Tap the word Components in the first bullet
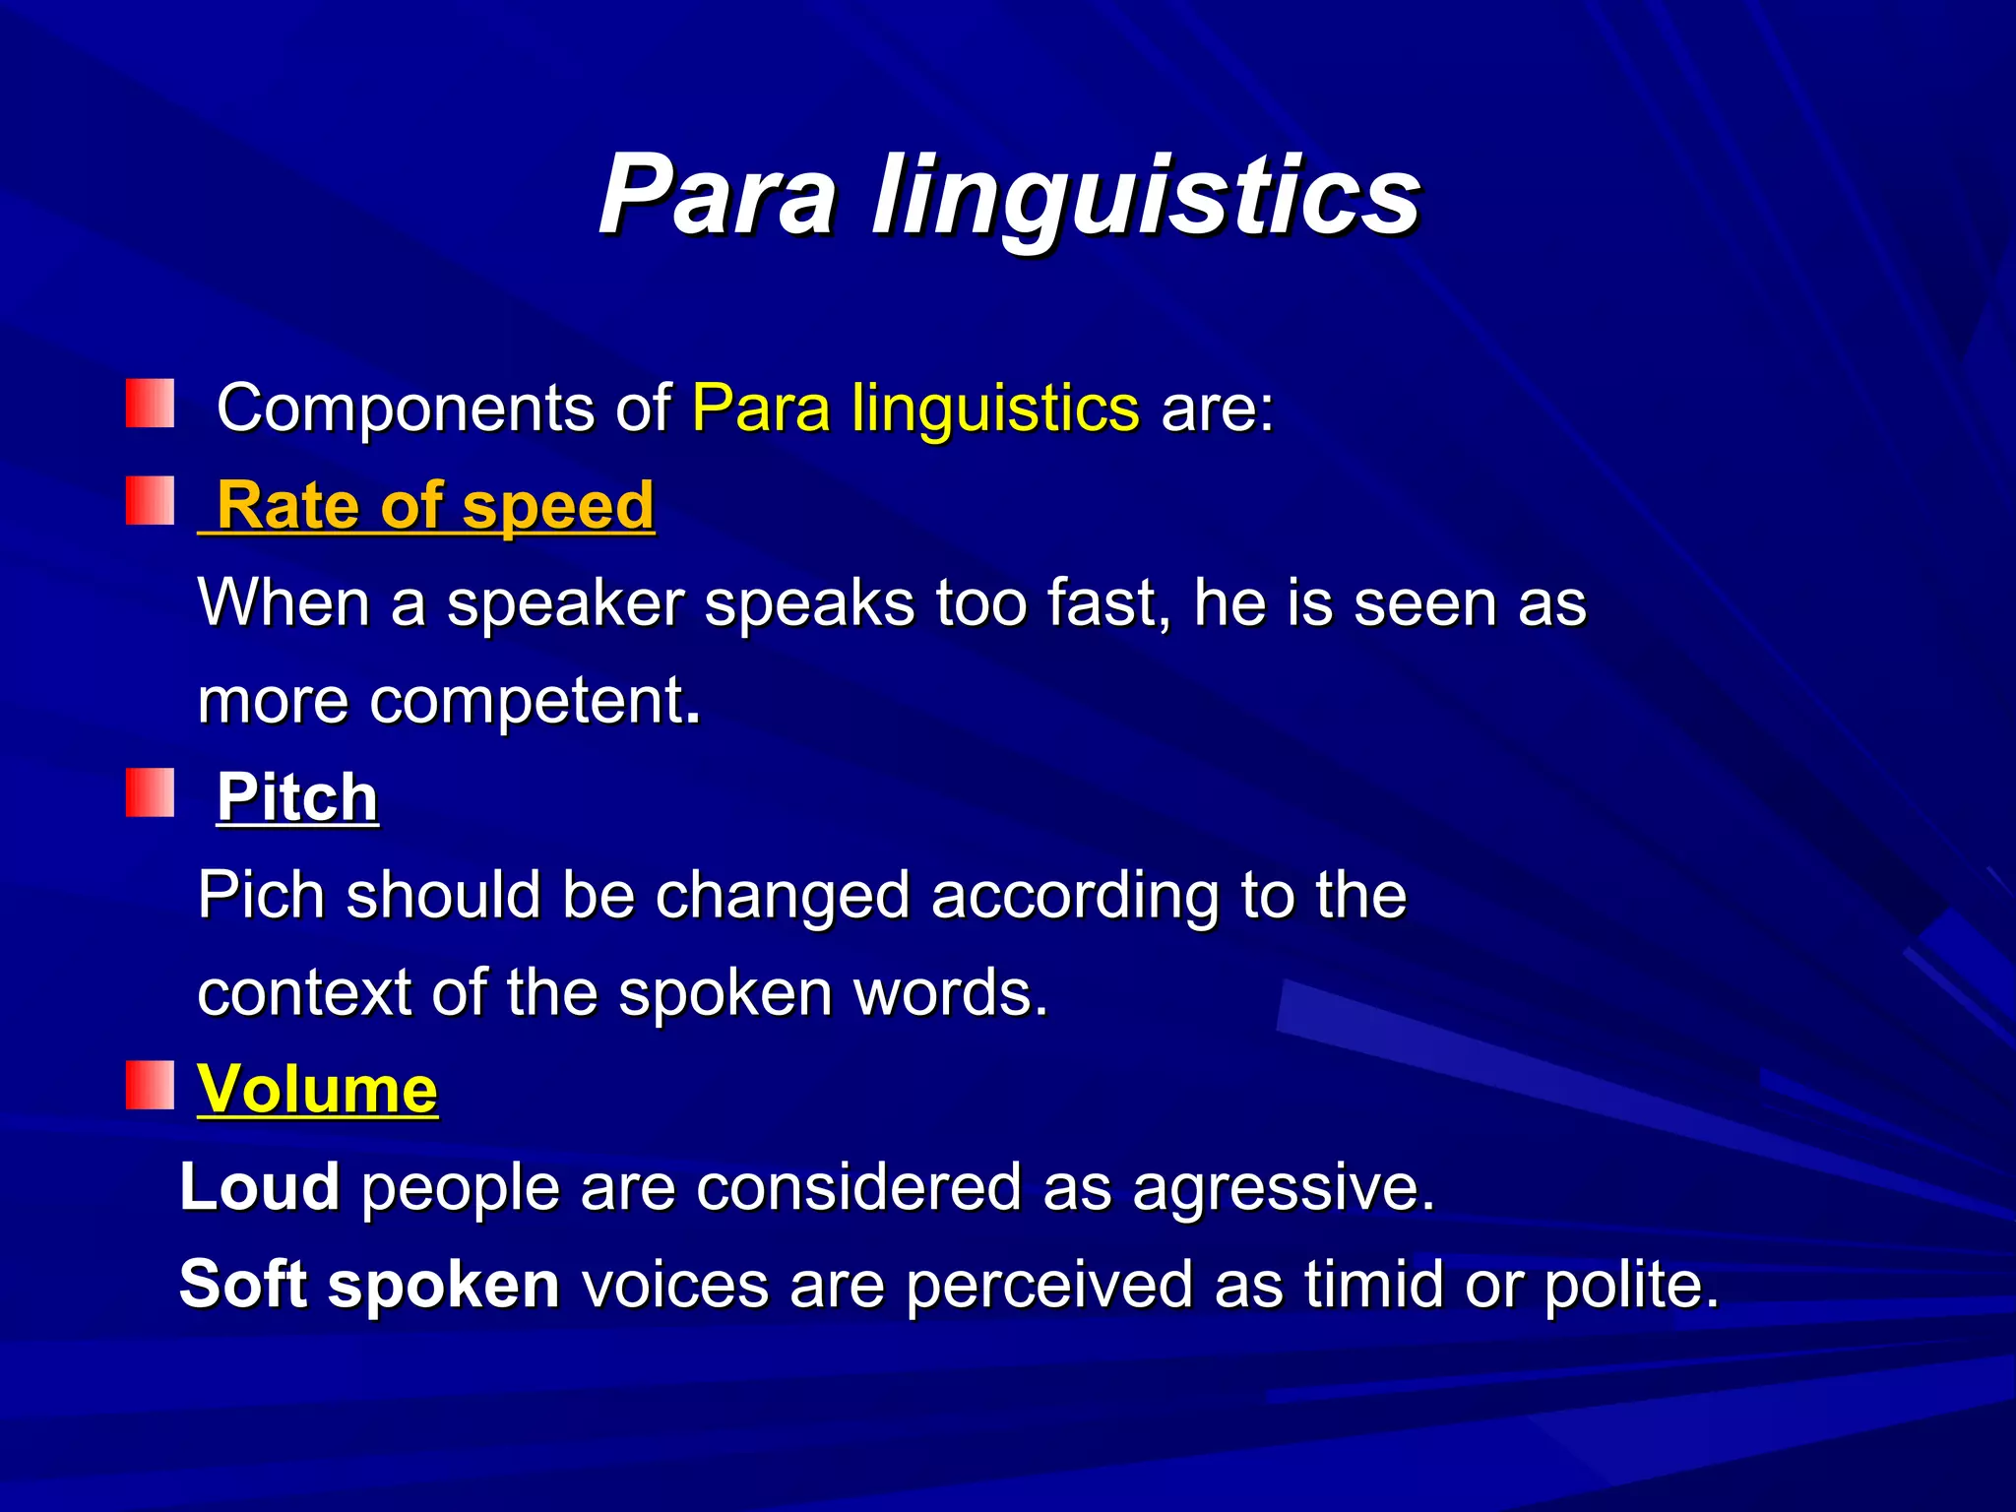pos(405,408)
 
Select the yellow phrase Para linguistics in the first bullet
pos(915,408)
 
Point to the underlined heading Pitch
pos(297,796)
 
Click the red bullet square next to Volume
pos(150,1085)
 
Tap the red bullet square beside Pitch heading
pos(150,793)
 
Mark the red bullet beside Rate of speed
pos(150,501)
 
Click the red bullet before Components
pos(150,404)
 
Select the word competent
pos(527,701)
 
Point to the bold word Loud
pos(260,1186)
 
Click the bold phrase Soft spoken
pos(369,1285)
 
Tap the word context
pos(303,992)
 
